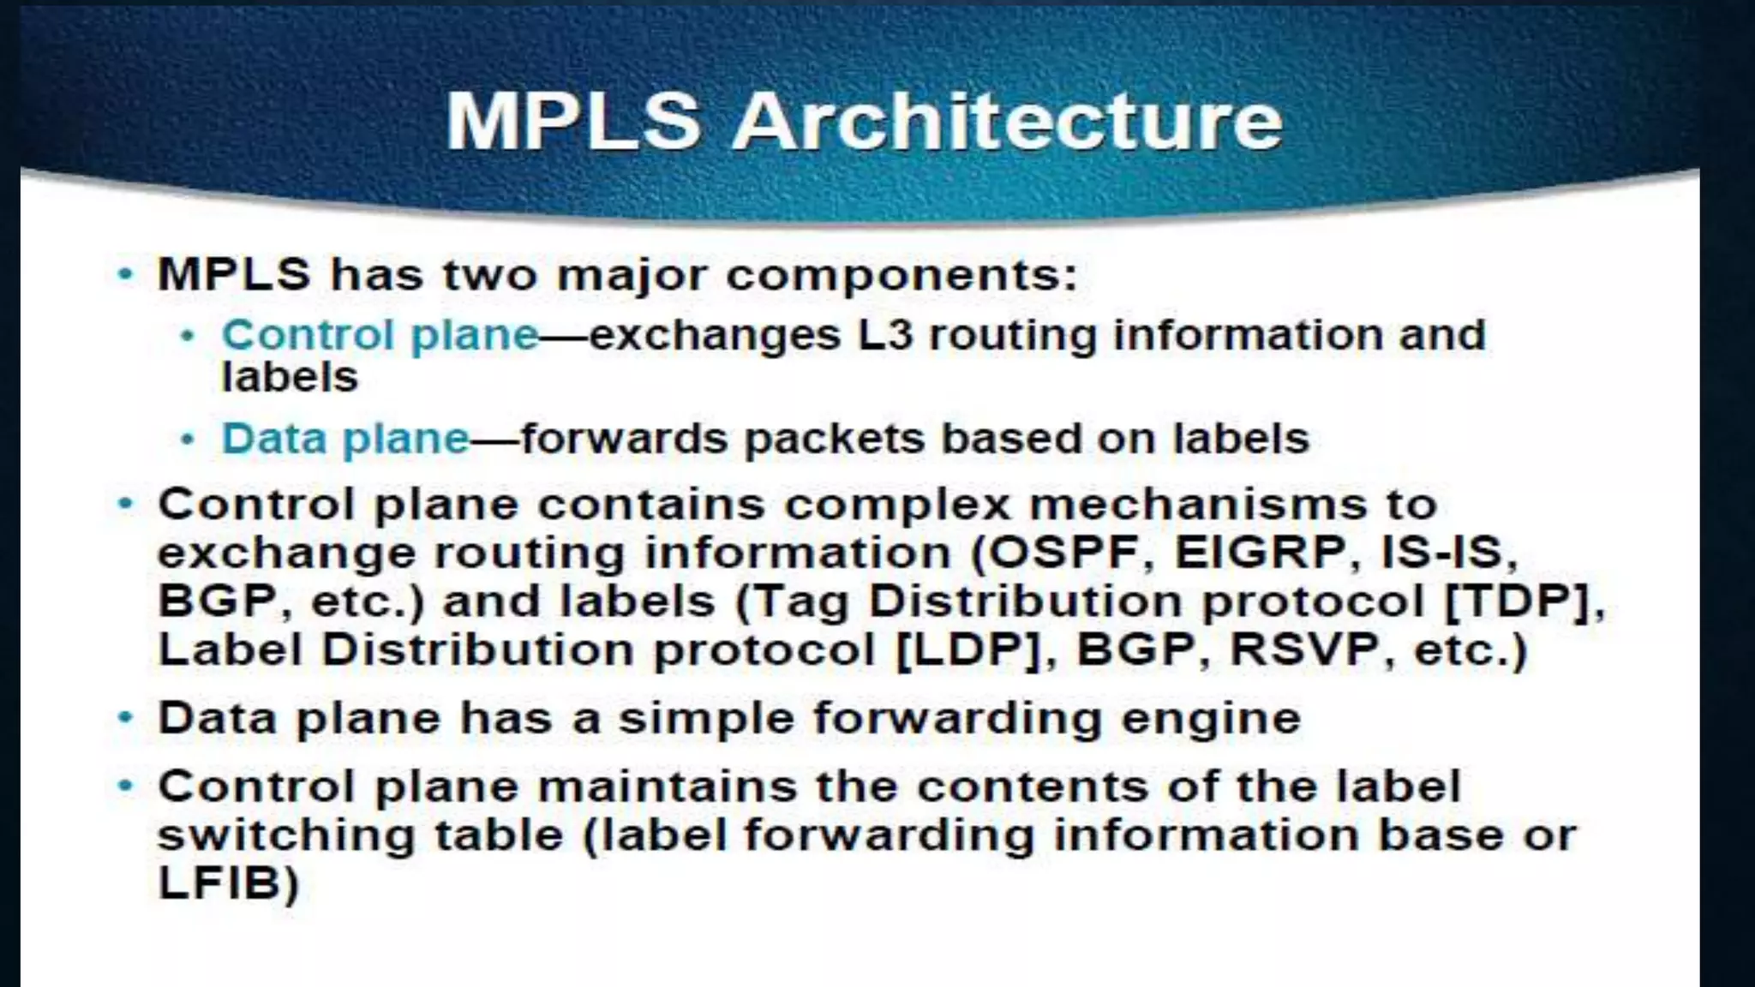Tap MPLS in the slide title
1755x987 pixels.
[x=573, y=121]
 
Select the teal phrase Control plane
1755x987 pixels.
[x=380, y=334]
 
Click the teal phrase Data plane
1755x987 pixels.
[x=345, y=439]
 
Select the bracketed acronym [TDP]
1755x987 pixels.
[x=1517, y=601]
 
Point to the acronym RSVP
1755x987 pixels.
[x=1304, y=649]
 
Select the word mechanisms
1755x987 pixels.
[x=1197, y=504]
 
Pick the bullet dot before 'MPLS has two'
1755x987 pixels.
[x=126, y=274]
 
